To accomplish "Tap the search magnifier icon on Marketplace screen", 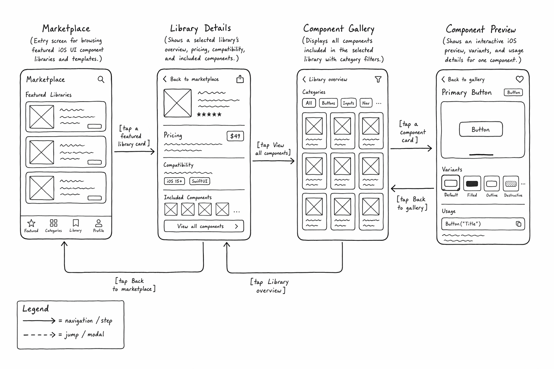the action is pyautogui.click(x=101, y=79).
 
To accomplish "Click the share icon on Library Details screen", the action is pyautogui.click(x=240, y=79).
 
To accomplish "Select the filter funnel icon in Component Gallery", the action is pyautogui.click(x=378, y=79).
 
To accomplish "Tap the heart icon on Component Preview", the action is pyautogui.click(x=520, y=79).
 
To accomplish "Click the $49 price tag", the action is pyautogui.click(x=235, y=136).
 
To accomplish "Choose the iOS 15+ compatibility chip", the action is pyautogui.click(x=174, y=181).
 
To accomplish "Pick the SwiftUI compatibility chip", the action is pyautogui.click(x=199, y=181).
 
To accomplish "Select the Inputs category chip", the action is pyautogui.click(x=348, y=103).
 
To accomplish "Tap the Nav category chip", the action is pyautogui.click(x=366, y=103).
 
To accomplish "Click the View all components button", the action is pyautogui.click(x=204, y=226).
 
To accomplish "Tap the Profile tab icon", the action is pyautogui.click(x=98, y=223).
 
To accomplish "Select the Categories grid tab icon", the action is pyautogui.click(x=53, y=223).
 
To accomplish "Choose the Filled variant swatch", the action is pyautogui.click(x=472, y=184).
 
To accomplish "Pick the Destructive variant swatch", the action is pyautogui.click(x=511, y=184).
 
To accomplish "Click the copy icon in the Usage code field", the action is pyautogui.click(x=518, y=224).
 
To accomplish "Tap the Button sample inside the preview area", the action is pyautogui.click(x=481, y=129).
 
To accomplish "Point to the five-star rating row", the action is pyautogui.click(x=209, y=115).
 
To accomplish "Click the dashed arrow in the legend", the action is pyautogui.click(x=39, y=335).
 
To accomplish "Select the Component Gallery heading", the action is pyautogui.click(x=339, y=29).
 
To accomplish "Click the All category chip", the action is pyautogui.click(x=309, y=103).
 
